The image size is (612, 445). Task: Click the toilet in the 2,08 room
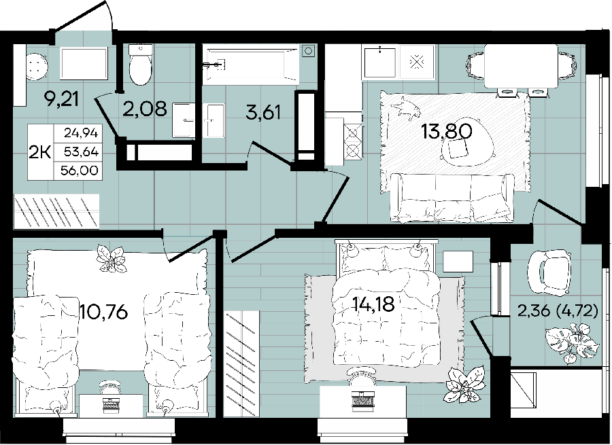pos(141,64)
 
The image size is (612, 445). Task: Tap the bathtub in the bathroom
pos(251,65)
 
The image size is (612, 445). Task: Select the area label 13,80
pos(447,131)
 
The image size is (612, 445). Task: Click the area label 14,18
pos(373,304)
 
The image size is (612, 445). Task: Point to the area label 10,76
pos(103,312)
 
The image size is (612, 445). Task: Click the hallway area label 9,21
pos(62,100)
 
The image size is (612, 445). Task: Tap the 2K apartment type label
pos(40,152)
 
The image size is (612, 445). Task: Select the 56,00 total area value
pos(80,171)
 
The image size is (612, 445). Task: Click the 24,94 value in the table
pos(81,133)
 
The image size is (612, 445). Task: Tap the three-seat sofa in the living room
pos(453,198)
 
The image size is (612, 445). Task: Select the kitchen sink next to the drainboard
pos(379,63)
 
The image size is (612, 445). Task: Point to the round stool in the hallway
pos(37,67)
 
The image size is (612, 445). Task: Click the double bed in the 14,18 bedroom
pos(386,303)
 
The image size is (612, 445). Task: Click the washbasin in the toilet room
pos(184,120)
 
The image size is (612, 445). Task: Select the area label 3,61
pos(263,113)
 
